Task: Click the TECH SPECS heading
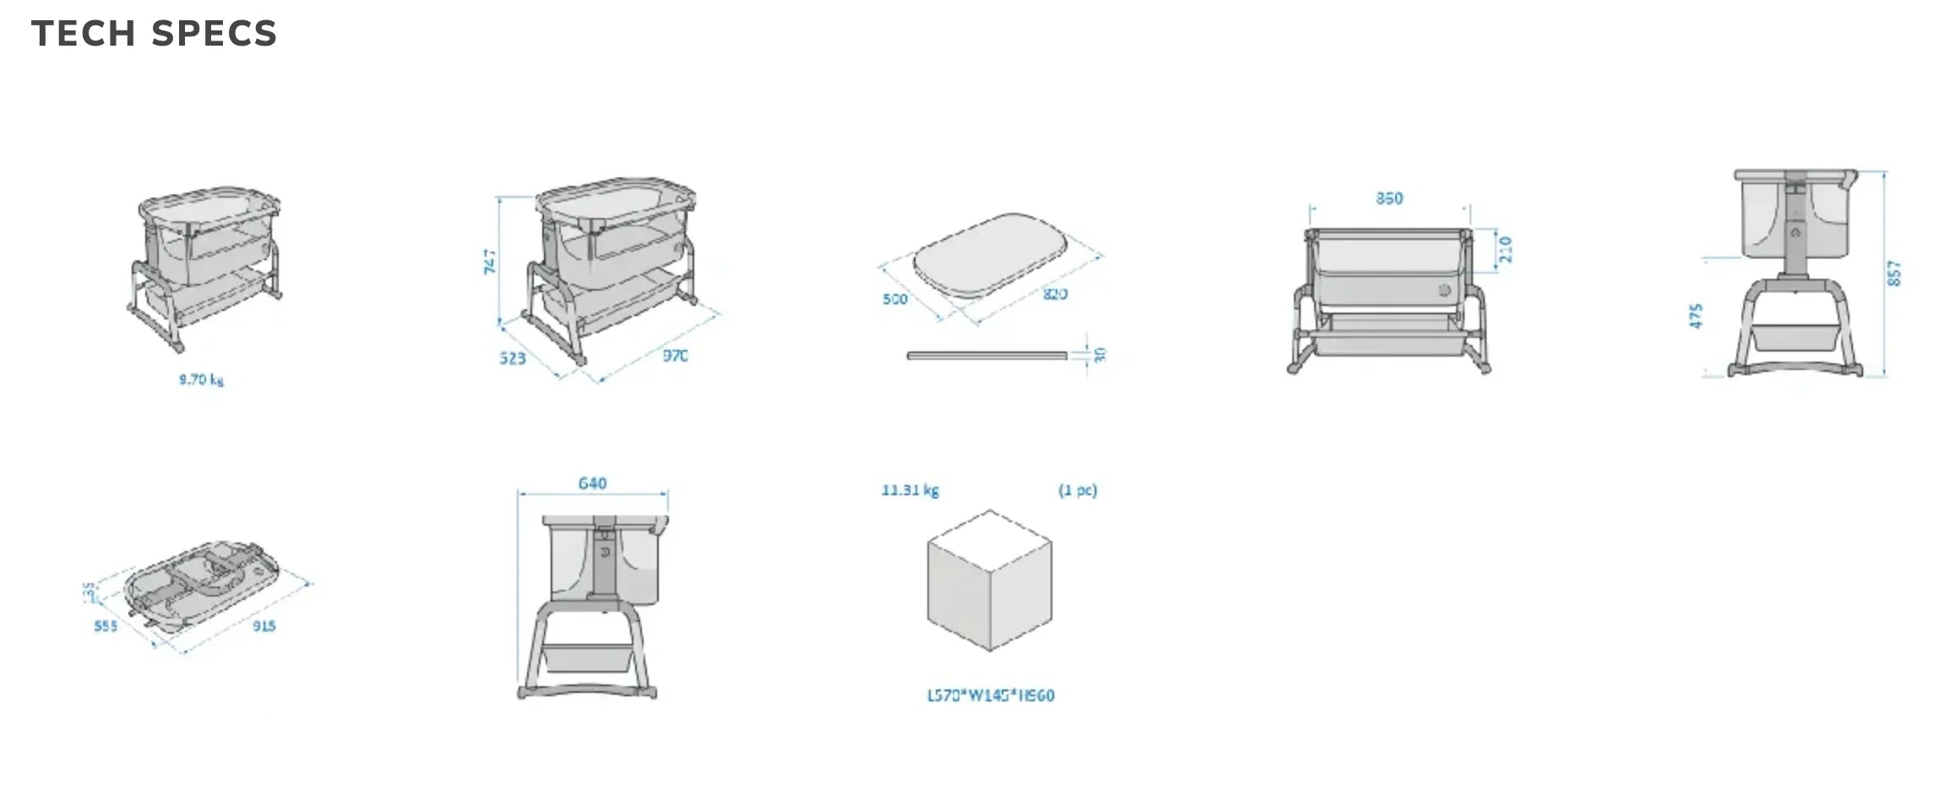point(154,34)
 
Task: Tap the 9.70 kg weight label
point(201,379)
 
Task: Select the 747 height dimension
point(490,261)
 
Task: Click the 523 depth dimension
point(512,358)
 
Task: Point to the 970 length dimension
point(675,356)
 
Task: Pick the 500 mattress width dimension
point(894,299)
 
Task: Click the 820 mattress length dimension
point(1055,294)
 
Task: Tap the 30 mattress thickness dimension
point(1100,356)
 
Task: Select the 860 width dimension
point(1389,199)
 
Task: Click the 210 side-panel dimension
point(1505,249)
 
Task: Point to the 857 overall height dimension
point(1894,273)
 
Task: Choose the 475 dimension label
point(1697,316)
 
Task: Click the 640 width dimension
point(592,483)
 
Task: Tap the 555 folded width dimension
point(106,626)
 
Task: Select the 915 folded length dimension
point(264,626)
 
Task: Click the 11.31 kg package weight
point(910,490)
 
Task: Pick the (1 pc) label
point(1078,490)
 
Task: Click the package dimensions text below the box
point(991,695)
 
